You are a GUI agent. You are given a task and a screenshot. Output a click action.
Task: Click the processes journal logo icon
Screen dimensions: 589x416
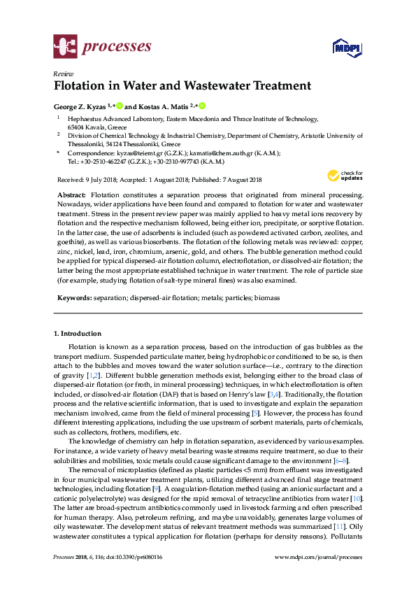66,48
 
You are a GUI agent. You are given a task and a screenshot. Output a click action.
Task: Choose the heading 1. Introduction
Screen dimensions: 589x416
78,334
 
